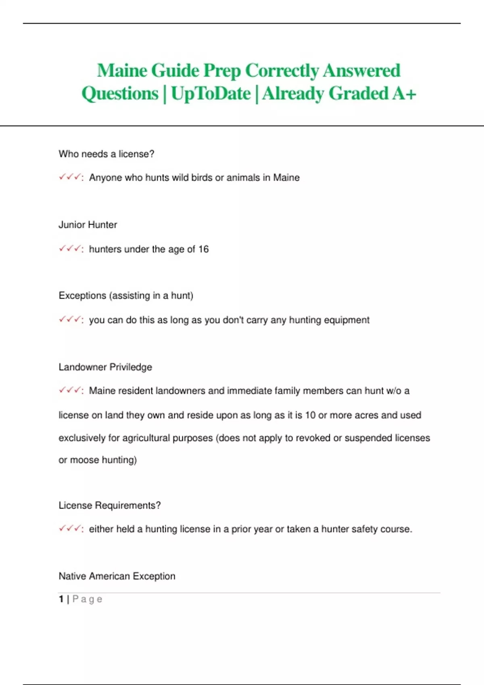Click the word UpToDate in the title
(x=211, y=93)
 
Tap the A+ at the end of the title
(x=404, y=93)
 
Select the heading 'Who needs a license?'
(x=106, y=154)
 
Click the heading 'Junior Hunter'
(x=88, y=225)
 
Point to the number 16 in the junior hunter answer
(x=203, y=249)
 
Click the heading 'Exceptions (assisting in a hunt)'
(x=126, y=296)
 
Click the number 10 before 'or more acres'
(x=310, y=415)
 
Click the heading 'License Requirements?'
(x=110, y=505)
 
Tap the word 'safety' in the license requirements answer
(x=365, y=529)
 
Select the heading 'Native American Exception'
(x=117, y=576)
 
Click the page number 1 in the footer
(x=61, y=599)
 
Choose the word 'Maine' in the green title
(x=122, y=71)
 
